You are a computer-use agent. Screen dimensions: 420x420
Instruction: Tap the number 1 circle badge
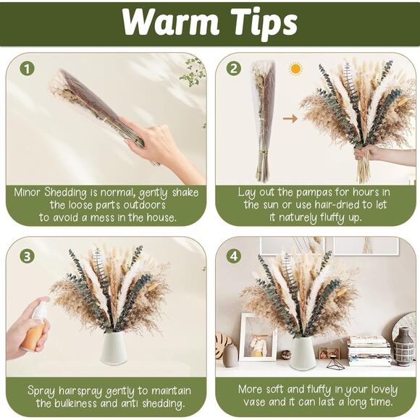tap(27, 68)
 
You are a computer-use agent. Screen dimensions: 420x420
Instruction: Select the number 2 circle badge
tap(233, 68)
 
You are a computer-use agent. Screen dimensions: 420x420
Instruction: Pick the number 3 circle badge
tap(27, 256)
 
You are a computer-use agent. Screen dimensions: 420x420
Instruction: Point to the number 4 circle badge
tap(233, 256)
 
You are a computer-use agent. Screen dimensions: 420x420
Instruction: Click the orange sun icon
tap(295, 69)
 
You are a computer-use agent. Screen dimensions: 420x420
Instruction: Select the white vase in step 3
tap(114, 347)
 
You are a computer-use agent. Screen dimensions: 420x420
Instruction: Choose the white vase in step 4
tap(302, 352)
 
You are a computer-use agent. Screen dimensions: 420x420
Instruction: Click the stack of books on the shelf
tap(369, 350)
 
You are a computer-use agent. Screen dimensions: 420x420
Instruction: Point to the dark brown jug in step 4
tap(403, 349)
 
